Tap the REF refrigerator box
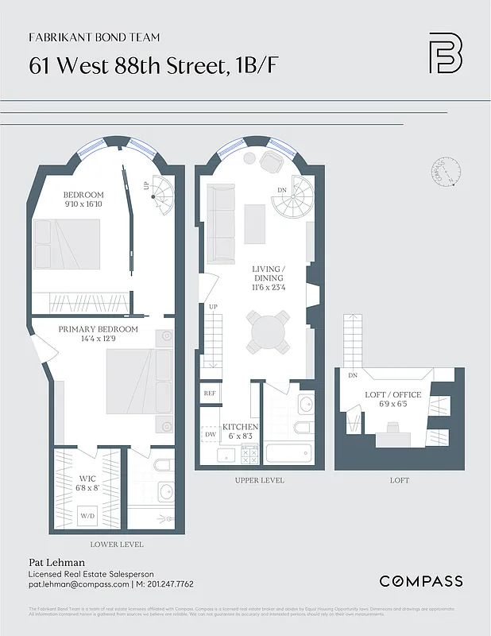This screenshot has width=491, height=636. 210,394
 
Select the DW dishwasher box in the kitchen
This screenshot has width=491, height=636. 211,435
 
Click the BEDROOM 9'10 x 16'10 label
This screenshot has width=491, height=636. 83,200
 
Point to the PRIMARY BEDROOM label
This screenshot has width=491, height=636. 98,334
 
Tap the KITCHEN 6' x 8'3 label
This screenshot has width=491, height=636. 240,432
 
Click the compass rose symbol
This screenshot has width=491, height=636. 447,173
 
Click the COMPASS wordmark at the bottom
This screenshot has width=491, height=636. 420,581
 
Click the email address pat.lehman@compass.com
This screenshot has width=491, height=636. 79,584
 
